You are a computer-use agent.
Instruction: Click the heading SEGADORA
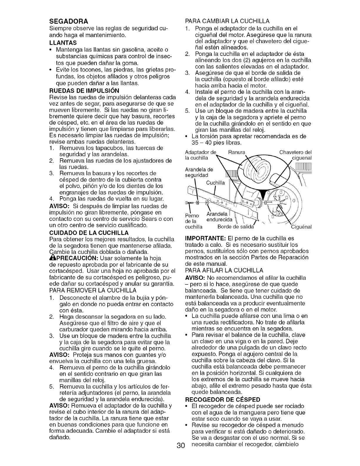(x=69, y=21)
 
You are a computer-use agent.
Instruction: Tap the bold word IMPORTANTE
(x=206, y=238)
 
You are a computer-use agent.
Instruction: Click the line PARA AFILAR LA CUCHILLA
(x=224, y=270)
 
